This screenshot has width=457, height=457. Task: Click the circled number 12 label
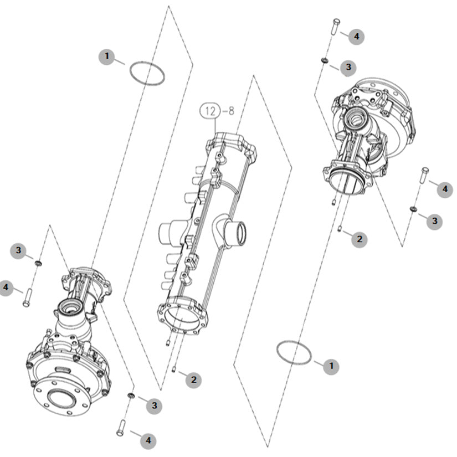(x=210, y=111)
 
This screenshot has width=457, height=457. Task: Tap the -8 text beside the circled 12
(x=228, y=111)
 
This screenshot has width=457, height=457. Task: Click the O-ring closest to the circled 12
(x=147, y=74)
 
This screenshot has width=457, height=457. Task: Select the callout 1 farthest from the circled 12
(x=331, y=366)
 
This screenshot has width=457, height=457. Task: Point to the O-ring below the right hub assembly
(x=294, y=352)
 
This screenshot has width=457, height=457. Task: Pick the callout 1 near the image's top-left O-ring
(x=107, y=57)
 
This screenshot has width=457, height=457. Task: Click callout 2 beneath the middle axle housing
(x=193, y=380)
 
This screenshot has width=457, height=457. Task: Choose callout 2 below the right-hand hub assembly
(x=360, y=239)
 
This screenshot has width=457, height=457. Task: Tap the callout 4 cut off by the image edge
(x=6, y=287)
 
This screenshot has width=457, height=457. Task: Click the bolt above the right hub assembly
(x=336, y=27)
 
